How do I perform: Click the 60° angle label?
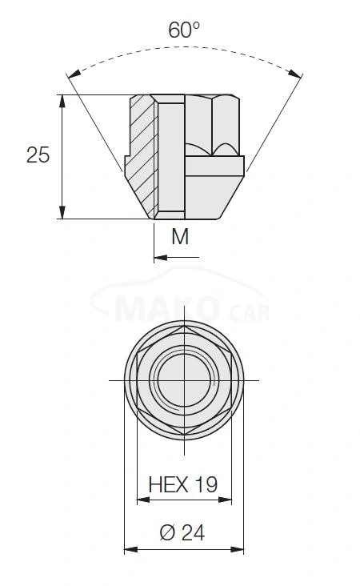[183, 30]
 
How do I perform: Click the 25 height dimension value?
[38, 155]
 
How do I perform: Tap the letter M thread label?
[180, 236]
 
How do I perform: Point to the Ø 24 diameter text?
[182, 532]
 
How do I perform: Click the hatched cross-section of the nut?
[142, 152]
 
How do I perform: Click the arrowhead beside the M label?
[158, 257]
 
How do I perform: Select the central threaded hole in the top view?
[184, 379]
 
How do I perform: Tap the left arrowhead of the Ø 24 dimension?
[129, 549]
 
